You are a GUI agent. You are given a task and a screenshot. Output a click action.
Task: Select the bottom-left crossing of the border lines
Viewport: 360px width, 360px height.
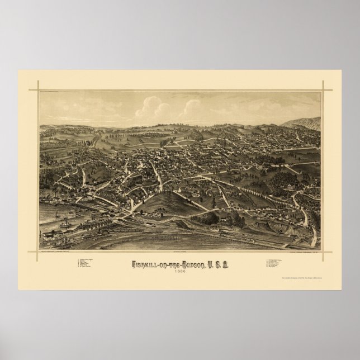click(39, 249)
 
